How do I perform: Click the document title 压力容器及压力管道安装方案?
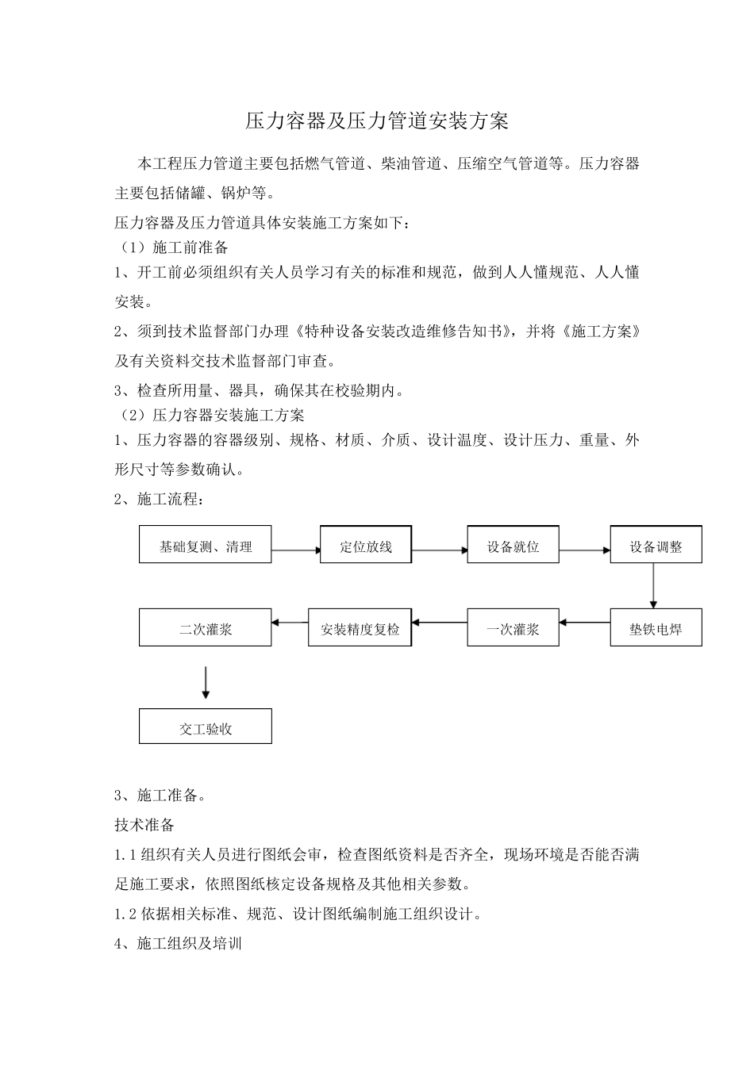point(376,121)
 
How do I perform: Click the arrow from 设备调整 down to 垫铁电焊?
point(653,585)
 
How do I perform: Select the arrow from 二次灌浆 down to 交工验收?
point(206,681)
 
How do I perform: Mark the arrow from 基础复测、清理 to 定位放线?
point(295,549)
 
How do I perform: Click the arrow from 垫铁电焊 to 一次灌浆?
point(584,623)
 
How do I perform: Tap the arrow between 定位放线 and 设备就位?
point(439,549)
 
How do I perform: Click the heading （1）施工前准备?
point(172,248)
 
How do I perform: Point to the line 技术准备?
point(144,825)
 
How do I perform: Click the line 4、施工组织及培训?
point(179,944)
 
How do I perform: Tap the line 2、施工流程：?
point(160,500)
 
